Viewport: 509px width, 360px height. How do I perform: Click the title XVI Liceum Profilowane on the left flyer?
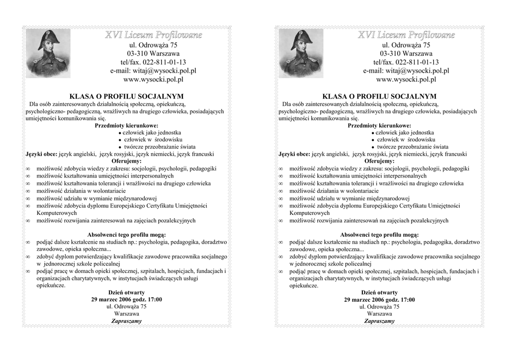153,35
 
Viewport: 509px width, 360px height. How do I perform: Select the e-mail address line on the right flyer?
406,71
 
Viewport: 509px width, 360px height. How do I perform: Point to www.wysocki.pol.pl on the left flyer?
153,79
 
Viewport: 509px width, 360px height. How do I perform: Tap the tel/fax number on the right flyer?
406,62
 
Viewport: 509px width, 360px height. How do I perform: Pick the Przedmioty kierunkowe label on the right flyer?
379,126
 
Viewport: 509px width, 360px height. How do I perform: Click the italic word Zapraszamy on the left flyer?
127,321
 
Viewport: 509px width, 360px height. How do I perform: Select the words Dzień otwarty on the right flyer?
379,292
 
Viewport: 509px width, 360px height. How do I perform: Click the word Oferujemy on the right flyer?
379,161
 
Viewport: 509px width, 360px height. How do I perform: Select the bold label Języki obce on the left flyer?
41,154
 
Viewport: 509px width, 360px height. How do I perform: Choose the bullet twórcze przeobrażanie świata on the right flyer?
412,147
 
